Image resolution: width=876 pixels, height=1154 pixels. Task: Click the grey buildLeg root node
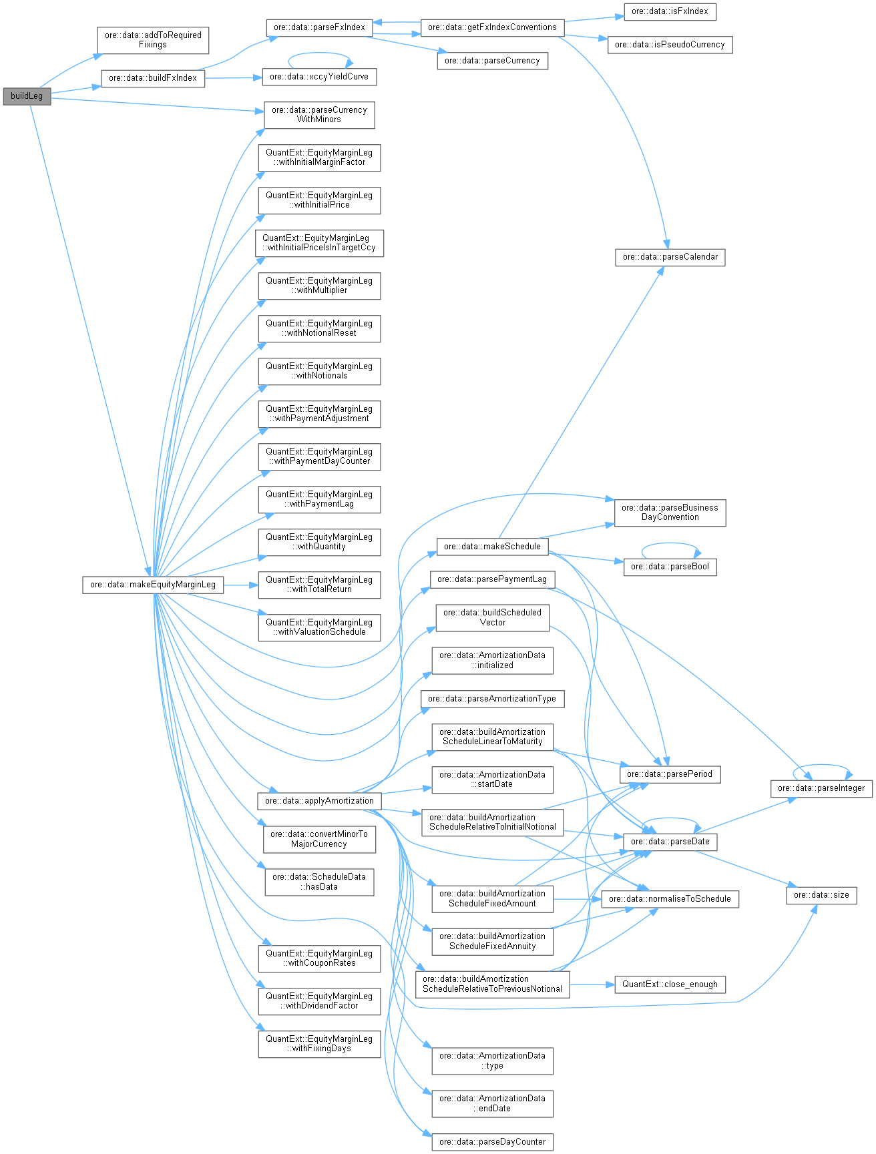point(27,96)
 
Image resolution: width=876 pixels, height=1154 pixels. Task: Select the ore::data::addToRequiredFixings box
point(153,40)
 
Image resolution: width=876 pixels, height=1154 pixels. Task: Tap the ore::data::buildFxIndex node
point(153,78)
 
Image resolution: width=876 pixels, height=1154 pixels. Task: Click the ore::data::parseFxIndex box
point(319,27)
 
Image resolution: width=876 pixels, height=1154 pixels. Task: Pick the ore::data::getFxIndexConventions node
point(492,27)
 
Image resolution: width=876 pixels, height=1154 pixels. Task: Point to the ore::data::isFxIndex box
point(670,11)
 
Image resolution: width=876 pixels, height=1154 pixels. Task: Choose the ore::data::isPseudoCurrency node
point(670,45)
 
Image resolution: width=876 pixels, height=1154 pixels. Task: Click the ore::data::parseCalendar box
point(670,257)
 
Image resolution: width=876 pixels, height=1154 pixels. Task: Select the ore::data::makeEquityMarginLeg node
point(153,585)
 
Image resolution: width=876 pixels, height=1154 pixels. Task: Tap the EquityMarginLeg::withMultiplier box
point(319,286)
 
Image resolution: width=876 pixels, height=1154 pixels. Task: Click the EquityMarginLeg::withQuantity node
point(319,542)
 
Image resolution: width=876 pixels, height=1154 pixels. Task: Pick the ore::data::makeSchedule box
point(492,547)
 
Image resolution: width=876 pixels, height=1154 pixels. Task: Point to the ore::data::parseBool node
point(670,567)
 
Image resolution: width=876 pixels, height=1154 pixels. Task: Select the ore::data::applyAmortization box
point(319,801)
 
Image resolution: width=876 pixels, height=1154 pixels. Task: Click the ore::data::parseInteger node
point(821,788)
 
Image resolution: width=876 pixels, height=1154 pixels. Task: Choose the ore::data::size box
point(821,895)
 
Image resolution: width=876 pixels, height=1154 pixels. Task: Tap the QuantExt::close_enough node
point(670,984)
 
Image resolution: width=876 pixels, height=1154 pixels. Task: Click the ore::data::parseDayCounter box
point(492,1142)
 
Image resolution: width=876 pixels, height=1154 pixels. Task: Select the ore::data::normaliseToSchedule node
point(670,899)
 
